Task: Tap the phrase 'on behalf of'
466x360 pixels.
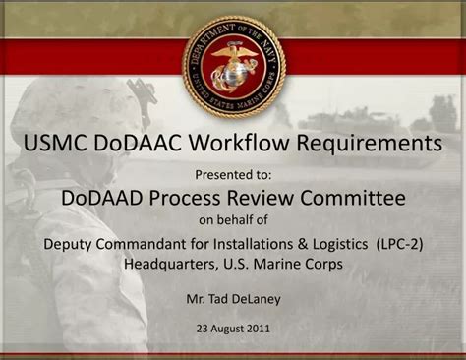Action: tap(233, 219)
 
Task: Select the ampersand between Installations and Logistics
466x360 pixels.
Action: tap(306, 244)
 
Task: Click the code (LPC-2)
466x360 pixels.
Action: tap(399, 244)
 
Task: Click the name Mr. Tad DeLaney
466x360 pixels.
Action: tap(233, 295)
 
